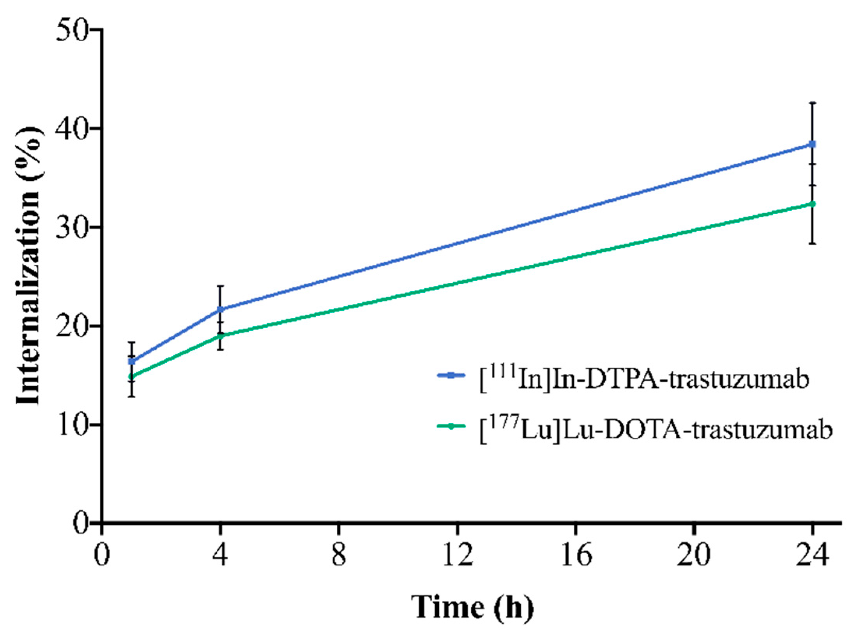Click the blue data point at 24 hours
point(812,144)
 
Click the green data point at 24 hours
point(812,204)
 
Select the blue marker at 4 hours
point(220,310)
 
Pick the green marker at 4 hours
point(220,335)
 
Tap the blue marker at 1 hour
point(132,361)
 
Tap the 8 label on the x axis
point(339,556)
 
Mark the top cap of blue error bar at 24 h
point(812,103)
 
